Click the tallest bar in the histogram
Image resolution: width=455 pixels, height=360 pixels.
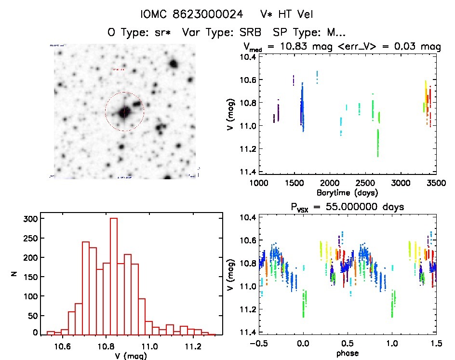click(114, 276)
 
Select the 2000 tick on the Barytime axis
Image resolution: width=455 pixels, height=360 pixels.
click(330, 183)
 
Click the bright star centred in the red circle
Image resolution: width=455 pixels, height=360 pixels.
click(124, 112)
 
